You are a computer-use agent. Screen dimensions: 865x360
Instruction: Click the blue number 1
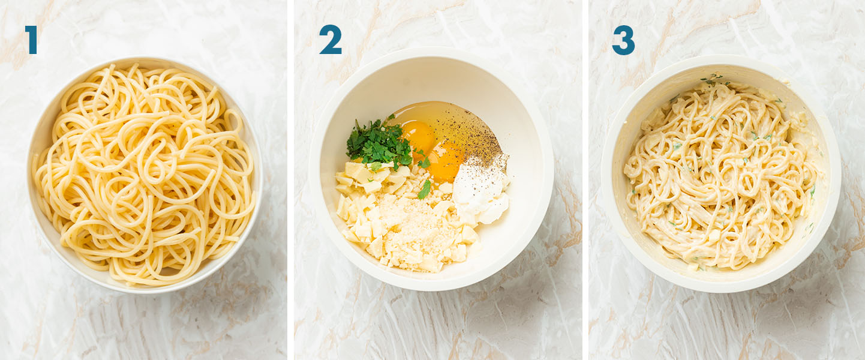31,40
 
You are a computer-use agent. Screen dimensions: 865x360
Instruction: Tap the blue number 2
331,40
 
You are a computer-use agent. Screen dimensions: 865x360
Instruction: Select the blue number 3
623,40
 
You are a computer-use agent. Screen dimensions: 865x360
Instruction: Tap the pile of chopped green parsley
379,143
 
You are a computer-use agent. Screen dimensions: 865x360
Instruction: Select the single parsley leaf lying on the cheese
425,189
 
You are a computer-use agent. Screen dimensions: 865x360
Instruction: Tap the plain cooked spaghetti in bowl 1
145,174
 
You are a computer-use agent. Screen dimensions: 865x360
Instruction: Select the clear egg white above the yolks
432,112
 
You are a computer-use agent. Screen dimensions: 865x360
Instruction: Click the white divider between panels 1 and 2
290,180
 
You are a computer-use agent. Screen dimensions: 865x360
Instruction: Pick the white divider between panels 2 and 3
585,180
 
